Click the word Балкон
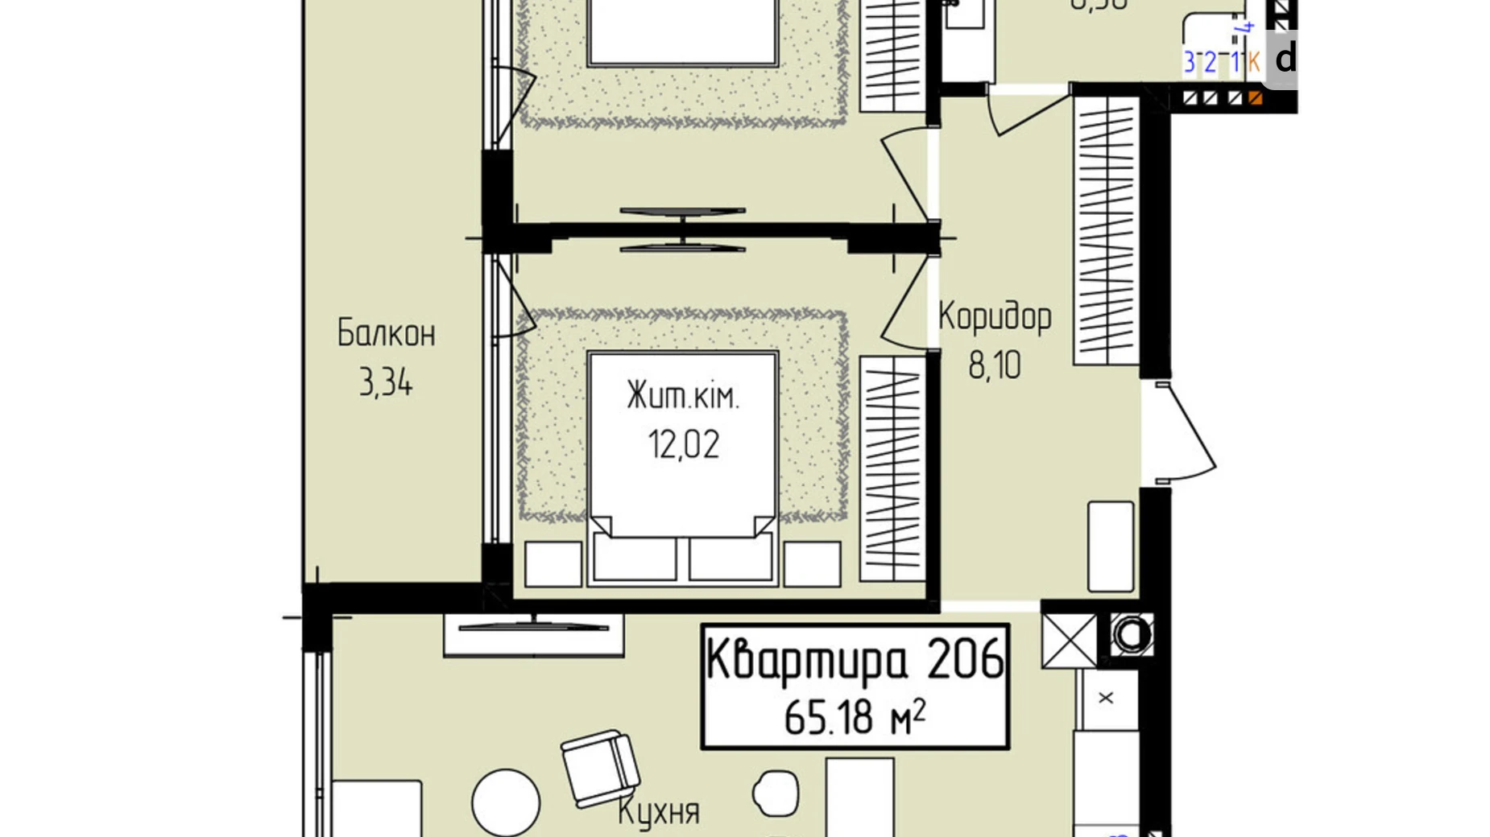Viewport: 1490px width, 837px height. tap(386, 333)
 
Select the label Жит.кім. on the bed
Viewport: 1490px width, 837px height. tap(683, 397)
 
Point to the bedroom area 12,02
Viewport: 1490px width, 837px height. tap(683, 444)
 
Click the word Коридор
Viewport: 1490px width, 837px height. tap(995, 316)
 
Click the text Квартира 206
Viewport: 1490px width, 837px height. tap(855, 659)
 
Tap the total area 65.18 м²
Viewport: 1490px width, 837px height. tap(855, 716)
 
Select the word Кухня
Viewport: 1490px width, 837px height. tap(659, 811)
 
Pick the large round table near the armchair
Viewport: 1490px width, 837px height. tap(506, 802)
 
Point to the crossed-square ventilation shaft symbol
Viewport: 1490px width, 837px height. tap(1069, 641)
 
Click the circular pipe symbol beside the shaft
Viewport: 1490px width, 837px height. tap(1131, 635)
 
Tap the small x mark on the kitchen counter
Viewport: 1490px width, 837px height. tap(1106, 698)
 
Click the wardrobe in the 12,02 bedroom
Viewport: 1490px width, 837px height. tap(892, 468)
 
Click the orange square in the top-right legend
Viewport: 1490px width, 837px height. tap(1255, 98)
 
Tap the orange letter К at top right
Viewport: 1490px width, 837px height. tap(1253, 61)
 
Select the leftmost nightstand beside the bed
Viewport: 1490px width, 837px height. tap(553, 563)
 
